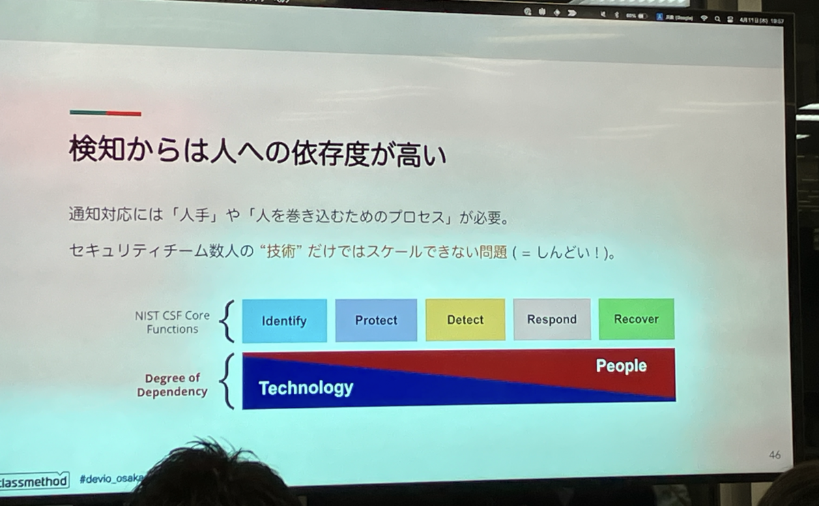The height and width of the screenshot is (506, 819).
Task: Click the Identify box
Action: tap(284, 321)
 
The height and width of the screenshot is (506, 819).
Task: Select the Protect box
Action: tap(376, 320)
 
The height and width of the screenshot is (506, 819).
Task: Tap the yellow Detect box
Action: tap(465, 319)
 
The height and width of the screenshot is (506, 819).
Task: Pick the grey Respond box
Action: tap(552, 319)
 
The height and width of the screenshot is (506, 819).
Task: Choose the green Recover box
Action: tap(636, 318)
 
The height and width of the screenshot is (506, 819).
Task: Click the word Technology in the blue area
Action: tap(306, 388)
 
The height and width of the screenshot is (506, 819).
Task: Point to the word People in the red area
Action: tap(621, 366)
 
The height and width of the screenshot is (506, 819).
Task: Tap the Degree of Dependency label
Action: tap(171, 385)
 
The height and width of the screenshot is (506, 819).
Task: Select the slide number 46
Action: tap(775, 455)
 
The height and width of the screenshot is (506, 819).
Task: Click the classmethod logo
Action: tap(34, 481)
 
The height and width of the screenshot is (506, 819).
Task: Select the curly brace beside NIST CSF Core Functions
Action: tap(228, 321)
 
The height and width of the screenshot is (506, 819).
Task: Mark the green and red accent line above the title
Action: tap(105, 113)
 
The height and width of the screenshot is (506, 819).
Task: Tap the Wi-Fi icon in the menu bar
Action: tap(704, 18)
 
